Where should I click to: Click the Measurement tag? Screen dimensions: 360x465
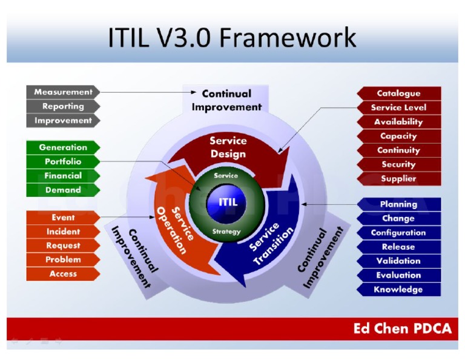point(63,92)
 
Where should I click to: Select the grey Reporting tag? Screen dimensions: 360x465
point(63,107)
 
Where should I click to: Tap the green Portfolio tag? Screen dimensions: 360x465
point(63,162)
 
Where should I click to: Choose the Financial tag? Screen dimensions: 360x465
point(63,176)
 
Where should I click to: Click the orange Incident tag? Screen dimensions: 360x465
point(63,232)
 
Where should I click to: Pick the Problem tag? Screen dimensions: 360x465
point(63,259)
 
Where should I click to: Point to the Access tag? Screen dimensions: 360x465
point(63,274)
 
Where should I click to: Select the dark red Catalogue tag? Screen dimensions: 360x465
point(398,93)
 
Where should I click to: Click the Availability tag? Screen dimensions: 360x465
point(398,122)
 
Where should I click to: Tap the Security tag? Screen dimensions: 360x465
point(398,164)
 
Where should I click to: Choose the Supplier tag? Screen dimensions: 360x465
point(398,179)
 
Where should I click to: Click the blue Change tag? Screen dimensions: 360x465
point(398,219)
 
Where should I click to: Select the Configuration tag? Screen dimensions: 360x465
point(398,233)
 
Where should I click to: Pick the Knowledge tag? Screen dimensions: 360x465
point(398,290)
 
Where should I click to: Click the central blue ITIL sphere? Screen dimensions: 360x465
point(228,202)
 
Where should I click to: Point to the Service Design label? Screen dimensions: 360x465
point(228,147)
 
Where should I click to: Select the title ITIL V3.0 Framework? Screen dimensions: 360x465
point(232,38)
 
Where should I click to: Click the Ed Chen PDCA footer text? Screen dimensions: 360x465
point(402,329)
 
